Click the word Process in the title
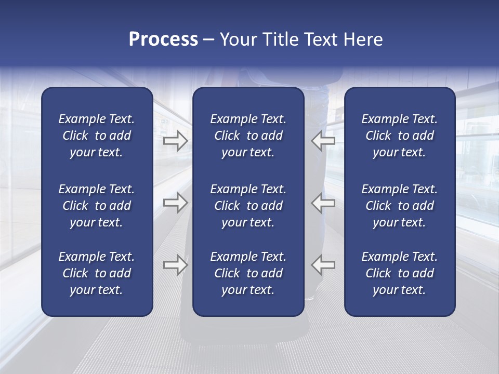tap(163, 39)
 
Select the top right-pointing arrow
tap(175, 141)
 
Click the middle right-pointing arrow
tap(175, 203)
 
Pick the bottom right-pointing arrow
tap(175, 265)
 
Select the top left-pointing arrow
tap(323, 141)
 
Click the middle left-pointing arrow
tap(323, 203)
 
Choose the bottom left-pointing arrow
tap(323, 265)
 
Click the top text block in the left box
tap(97, 136)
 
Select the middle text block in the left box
tap(97, 206)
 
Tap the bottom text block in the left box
tap(97, 273)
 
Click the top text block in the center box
tap(248, 136)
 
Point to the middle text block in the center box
tap(248, 206)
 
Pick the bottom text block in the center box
tap(248, 273)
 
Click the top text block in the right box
tap(399, 136)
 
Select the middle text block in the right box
tap(399, 206)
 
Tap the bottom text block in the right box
tap(399, 273)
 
